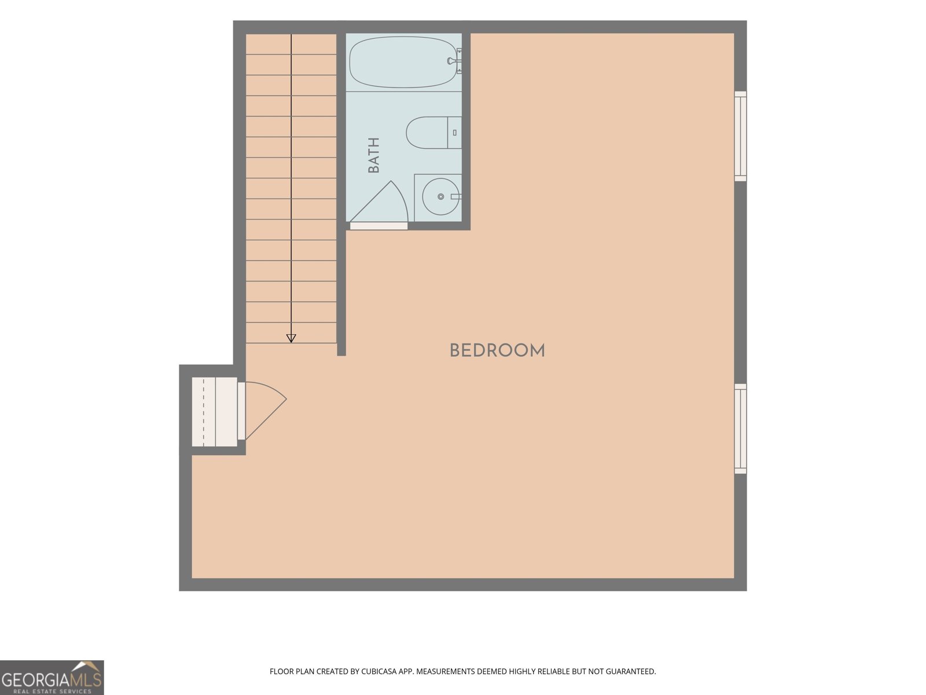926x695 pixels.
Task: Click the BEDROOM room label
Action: [497, 350]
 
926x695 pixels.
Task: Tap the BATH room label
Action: [374, 155]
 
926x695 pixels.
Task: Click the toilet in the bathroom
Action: [433, 133]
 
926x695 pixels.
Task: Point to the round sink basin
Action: [441, 197]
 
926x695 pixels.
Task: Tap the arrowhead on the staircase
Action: [291, 338]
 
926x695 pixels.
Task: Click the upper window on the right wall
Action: [740, 136]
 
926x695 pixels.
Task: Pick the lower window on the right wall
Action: [740, 429]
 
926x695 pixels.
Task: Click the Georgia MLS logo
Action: [52, 677]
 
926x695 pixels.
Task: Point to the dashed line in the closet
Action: [203, 412]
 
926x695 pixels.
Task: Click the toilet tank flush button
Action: [454, 133]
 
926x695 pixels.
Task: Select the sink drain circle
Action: [441, 197]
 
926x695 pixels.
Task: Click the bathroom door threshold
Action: [379, 226]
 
